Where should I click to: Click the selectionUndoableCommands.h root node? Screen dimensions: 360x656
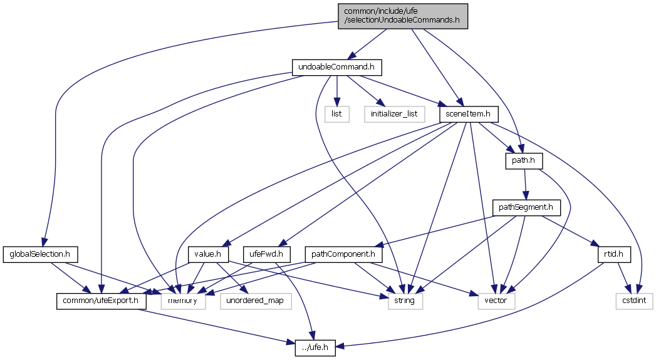pos(402,15)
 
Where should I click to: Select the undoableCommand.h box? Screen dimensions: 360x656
pos(337,67)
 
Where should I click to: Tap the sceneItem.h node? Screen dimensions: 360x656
pos(469,114)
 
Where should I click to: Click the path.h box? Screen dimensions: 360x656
pos(523,161)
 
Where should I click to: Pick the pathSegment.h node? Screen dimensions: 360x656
pos(524,207)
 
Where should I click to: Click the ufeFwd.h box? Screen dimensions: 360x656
pos(268,254)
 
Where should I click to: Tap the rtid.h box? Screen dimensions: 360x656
pos(613,254)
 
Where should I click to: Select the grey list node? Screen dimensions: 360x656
pos(336,114)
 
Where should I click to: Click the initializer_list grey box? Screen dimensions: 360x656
pos(394,114)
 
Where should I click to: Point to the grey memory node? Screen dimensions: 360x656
pos(183,301)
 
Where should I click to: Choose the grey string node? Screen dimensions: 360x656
pos(405,301)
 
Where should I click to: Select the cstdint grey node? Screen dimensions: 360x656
pos(634,301)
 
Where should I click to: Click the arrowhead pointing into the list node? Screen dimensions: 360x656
pos(336,103)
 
